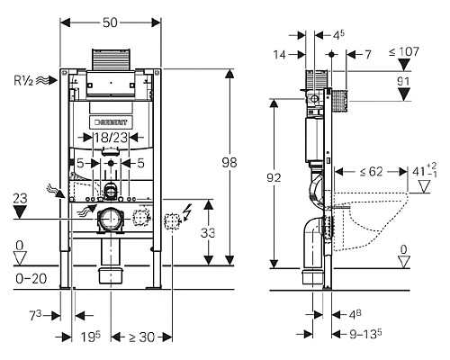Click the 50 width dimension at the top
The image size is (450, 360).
click(x=110, y=22)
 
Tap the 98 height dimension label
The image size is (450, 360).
click(x=229, y=163)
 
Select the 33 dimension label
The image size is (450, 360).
click(x=208, y=233)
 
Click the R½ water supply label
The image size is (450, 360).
click(x=23, y=80)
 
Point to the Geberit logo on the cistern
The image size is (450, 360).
click(x=111, y=122)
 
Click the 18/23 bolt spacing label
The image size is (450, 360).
click(x=111, y=138)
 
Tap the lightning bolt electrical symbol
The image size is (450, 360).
click(x=188, y=212)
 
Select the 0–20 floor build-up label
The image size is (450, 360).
click(x=31, y=279)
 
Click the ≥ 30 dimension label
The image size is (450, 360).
click(x=141, y=337)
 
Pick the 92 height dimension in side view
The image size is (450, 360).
click(x=274, y=178)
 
